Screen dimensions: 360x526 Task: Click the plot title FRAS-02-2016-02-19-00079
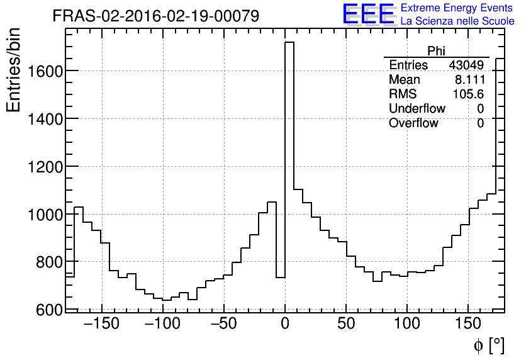pos(155,16)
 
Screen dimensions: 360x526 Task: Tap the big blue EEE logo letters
pos(368,14)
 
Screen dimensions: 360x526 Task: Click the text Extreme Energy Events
pos(457,8)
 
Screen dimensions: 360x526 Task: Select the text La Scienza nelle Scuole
pos(457,21)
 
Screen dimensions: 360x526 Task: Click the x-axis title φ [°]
pos(489,345)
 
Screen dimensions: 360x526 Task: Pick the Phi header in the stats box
pos(436,51)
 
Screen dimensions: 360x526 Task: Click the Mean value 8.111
pos(469,80)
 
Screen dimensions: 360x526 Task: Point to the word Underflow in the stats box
pos(417,109)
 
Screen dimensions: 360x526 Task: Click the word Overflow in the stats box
pos(413,123)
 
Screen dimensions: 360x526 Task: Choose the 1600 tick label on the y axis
pos(45,70)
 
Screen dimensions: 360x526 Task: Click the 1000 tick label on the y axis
pos(45,214)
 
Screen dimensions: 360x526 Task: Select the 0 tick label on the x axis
pos(285,324)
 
